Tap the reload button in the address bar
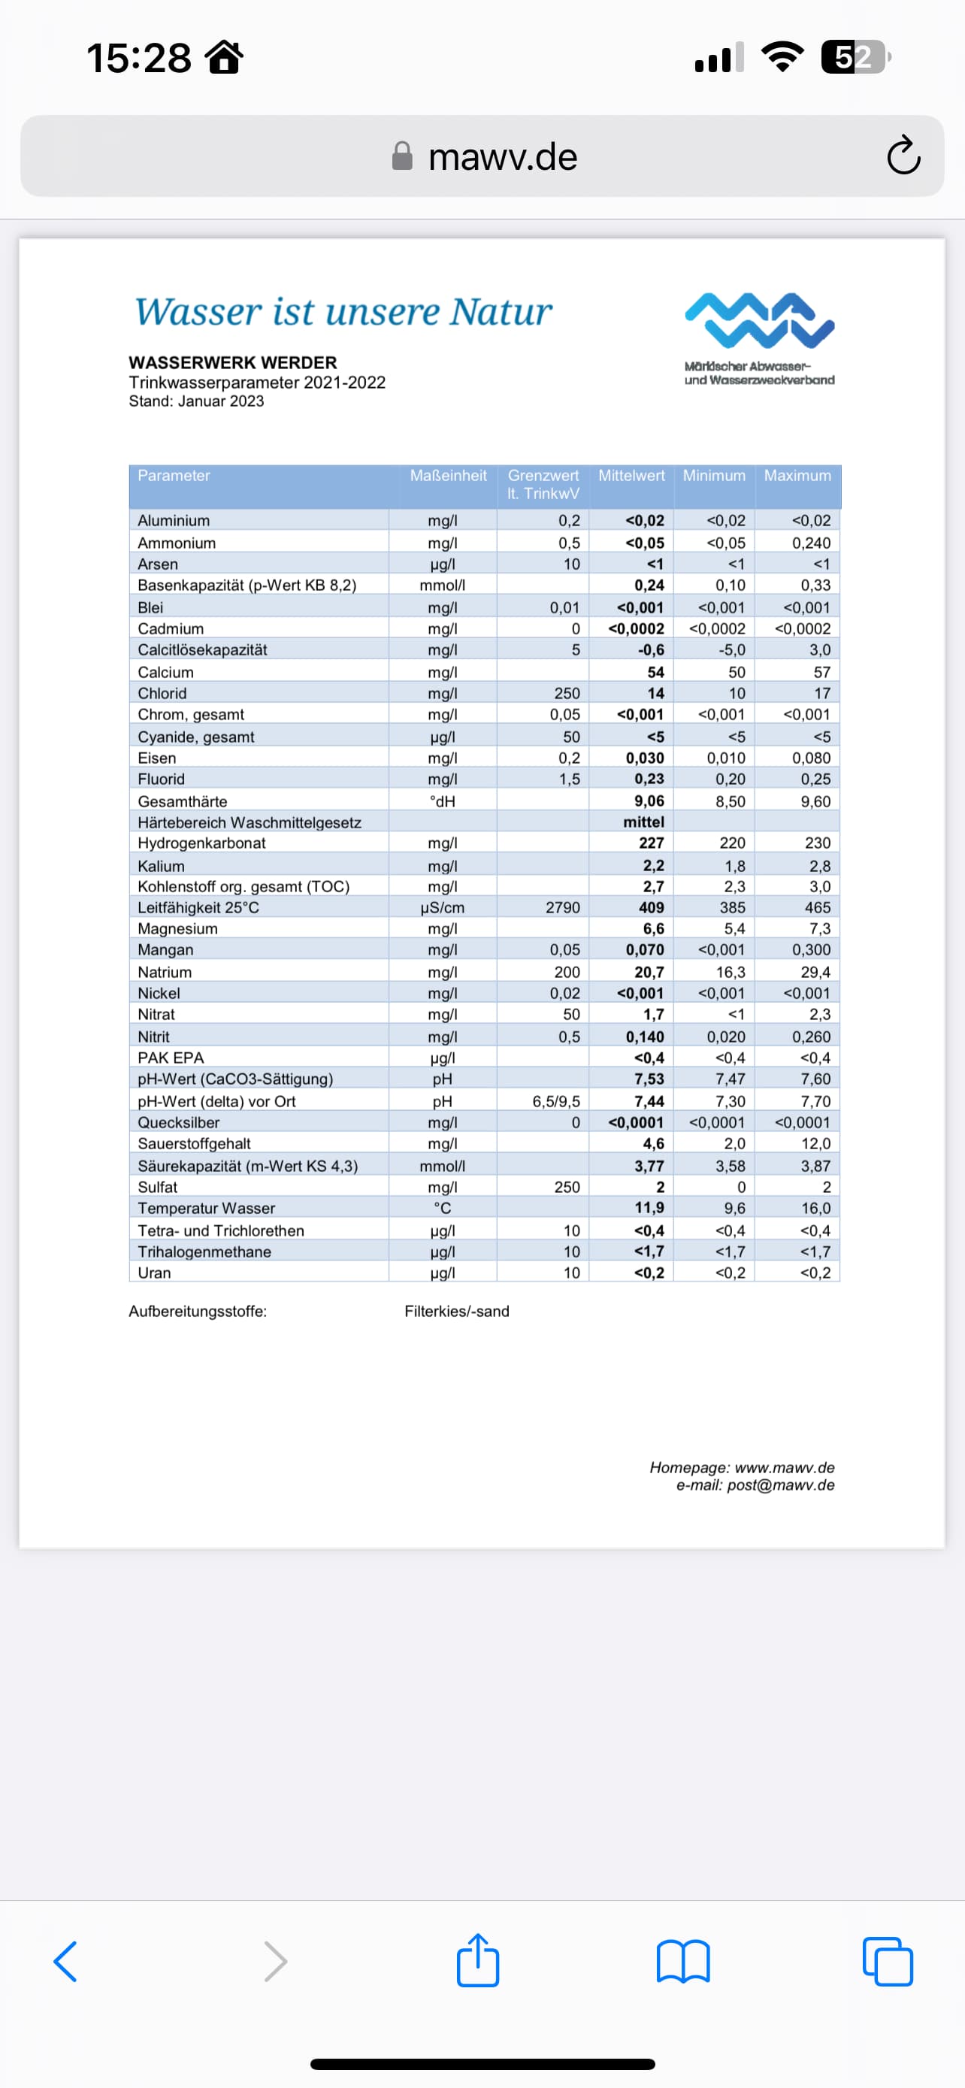(903, 156)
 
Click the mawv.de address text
(502, 156)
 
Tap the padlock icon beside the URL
(402, 156)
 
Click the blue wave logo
(759, 320)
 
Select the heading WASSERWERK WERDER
(232, 362)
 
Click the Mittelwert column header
(631, 476)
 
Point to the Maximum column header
(797, 476)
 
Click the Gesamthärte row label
(183, 800)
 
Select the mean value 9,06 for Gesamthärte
(649, 800)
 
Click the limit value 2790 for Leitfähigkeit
(562, 908)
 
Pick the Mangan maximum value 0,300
(811, 950)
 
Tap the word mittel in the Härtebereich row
(643, 822)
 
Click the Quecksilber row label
(178, 1123)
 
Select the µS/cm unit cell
(443, 908)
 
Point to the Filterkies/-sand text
(457, 1312)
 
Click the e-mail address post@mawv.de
(780, 1485)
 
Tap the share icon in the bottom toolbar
(478, 1961)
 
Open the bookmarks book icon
(683, 1962)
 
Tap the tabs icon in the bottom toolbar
(888, 1962)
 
